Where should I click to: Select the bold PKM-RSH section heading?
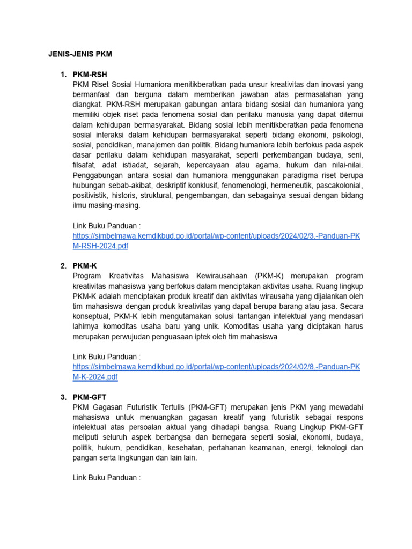[x=93, y=75]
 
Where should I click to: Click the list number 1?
[x=63, y=75]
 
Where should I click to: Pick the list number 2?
[x=63, y=265]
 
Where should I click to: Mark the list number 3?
[x=63, y=397]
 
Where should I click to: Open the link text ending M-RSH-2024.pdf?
[x=100, y=246]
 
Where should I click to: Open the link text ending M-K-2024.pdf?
[x=95, y=377]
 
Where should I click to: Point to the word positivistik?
[x=92, y=196]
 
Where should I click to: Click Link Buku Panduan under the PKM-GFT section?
[x=106, y=478]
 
